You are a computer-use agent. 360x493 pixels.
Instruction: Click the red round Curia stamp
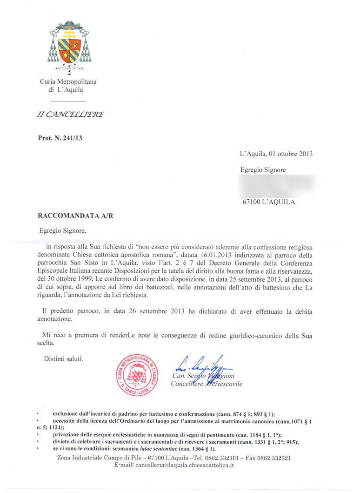point(137,375)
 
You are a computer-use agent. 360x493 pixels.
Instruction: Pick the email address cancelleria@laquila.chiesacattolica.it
point(185,465)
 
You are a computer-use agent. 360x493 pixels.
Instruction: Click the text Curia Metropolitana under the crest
point(68,82)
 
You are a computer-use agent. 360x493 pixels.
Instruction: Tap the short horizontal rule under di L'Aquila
point(68,101)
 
